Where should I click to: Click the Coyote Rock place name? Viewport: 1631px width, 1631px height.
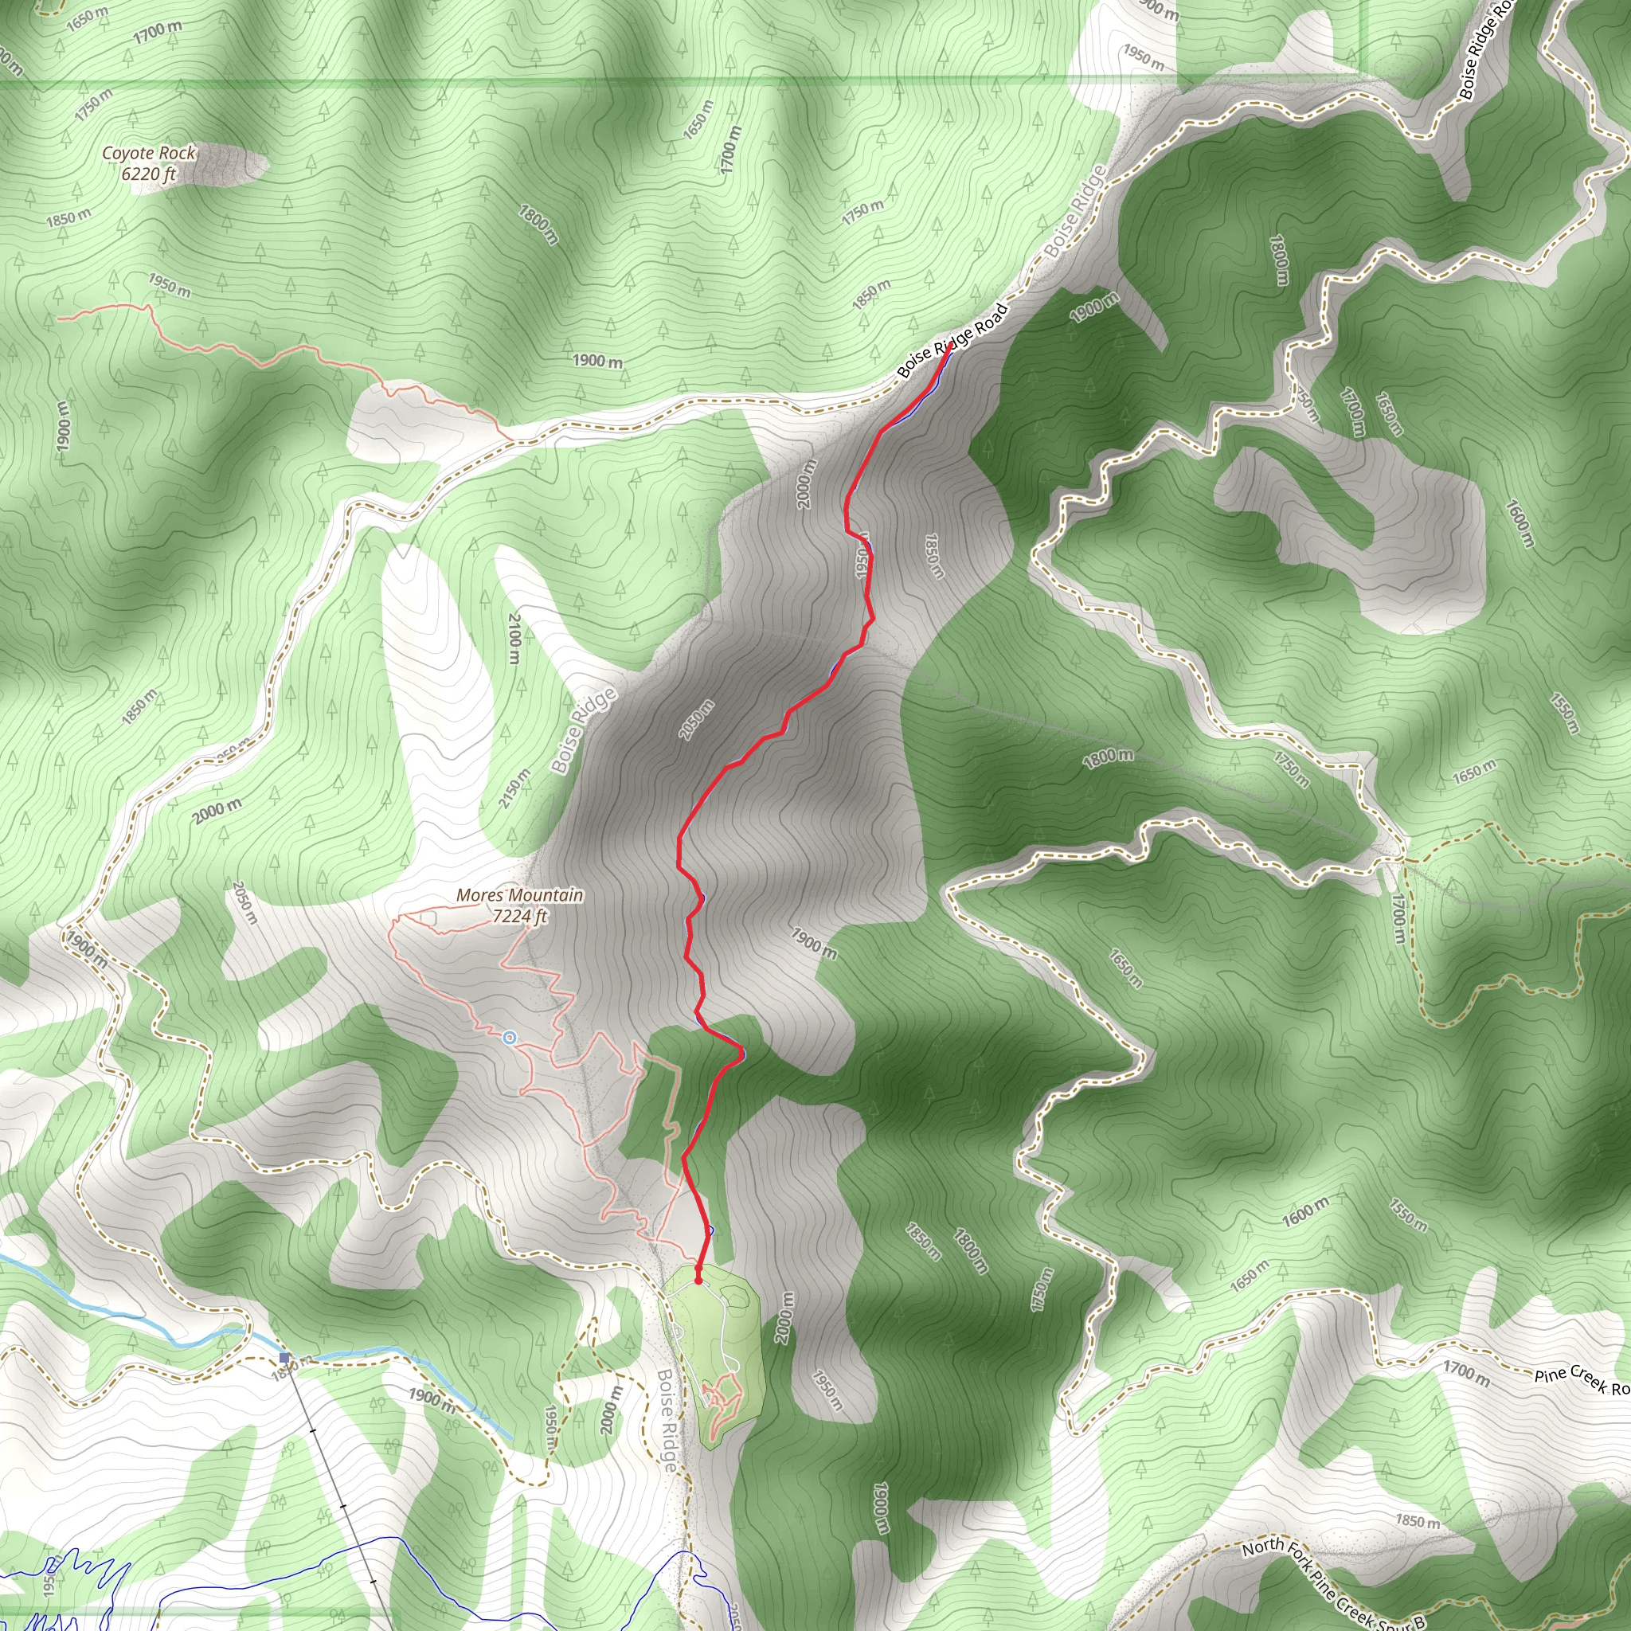coord(149,153)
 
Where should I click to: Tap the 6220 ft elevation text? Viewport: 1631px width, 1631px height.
coord(149,174)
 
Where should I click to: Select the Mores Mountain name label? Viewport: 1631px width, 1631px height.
coord(519,895)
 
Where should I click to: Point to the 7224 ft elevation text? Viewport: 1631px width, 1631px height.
coord(520,915)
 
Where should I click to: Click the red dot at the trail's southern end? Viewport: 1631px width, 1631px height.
coord(698,1281)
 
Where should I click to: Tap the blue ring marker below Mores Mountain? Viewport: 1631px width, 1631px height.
coord(508,1038)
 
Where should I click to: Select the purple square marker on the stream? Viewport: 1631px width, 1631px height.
coord(284,1358)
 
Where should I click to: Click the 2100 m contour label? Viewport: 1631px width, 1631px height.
coord(514,637)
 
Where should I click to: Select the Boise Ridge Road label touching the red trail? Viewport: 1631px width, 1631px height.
coord(952,340)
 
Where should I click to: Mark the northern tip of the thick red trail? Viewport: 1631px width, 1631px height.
coord(952,344)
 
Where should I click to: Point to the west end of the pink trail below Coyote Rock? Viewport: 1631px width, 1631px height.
coord(60,319)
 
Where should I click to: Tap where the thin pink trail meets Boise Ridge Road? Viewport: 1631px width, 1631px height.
coord(511,440)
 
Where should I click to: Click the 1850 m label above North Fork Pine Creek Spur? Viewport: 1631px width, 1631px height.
coord(1417,1521)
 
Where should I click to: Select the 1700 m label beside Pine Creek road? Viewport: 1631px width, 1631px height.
coord(1467,1371)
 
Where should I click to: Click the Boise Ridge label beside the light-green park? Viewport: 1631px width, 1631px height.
coord(667,1420)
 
